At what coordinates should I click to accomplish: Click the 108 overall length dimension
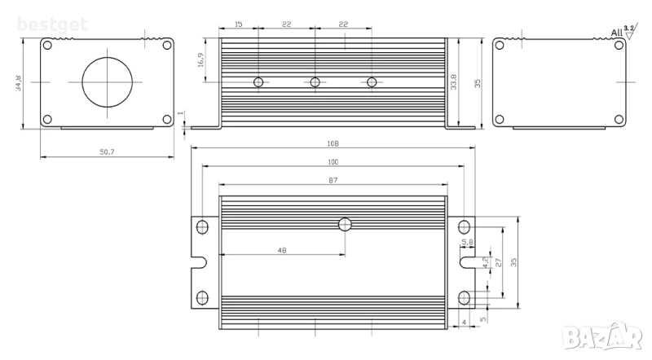coord(333,143)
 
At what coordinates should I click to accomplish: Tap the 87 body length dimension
coord(333,180)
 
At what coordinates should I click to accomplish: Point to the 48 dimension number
coord(282,251)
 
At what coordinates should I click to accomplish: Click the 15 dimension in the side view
coord(238,24)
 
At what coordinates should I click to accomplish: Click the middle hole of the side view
coord(315,82)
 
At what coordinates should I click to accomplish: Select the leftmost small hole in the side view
coord(258,82)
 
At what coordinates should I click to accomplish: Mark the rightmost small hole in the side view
coord(372,82)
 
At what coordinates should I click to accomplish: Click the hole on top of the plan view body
coord(346,224)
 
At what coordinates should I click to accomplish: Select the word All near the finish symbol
coord(616,33)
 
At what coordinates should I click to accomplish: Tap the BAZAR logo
coord(619,333)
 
